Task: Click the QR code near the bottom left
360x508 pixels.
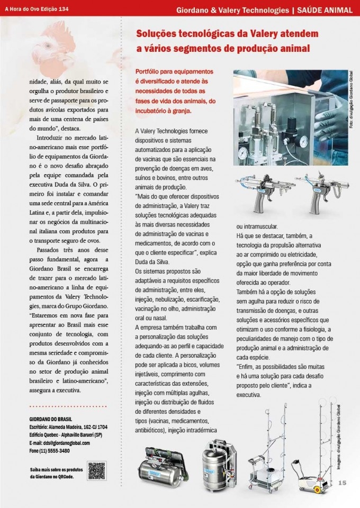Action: [96, 470]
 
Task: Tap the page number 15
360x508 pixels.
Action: [342, 482]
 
